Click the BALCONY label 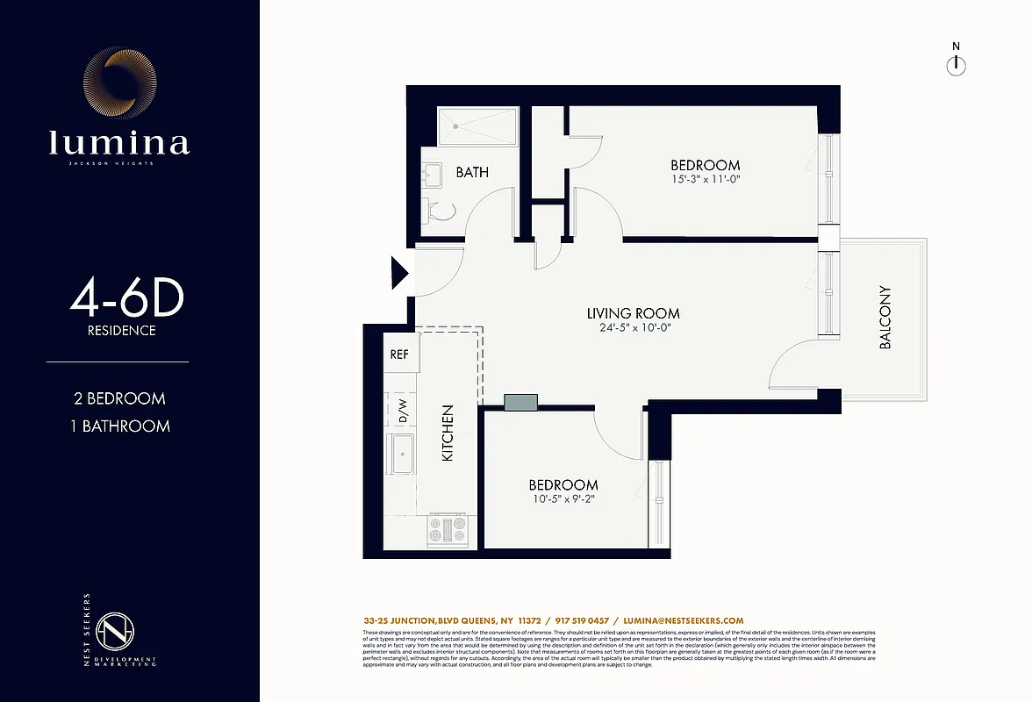tap(885, 318)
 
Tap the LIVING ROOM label tap(633, 313)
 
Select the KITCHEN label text tap(448, 433)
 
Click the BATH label tap(472, 172)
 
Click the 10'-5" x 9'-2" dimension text tap(563, 500)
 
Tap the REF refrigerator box tap(399, 355)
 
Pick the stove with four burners tap(448, 530)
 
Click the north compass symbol tap(956, 65)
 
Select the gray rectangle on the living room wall tap(521, 402)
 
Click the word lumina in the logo tap(118, 142)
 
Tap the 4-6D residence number tap(127, 301)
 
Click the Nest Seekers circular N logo tap(112, 629)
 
